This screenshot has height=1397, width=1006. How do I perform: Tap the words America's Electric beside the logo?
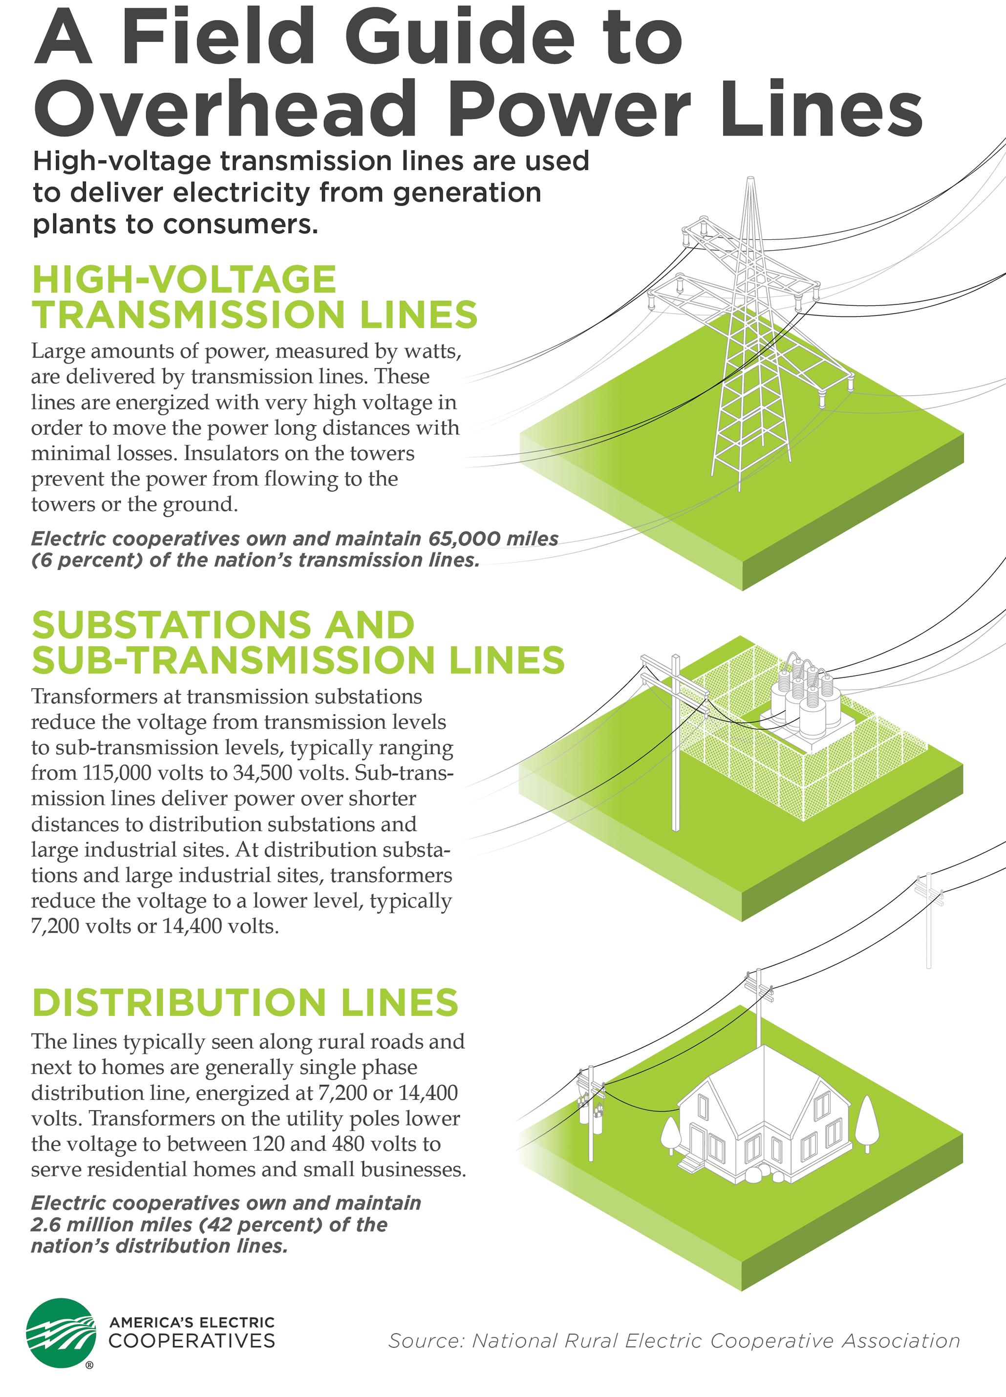192,1322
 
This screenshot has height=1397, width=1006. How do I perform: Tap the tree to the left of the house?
670,1133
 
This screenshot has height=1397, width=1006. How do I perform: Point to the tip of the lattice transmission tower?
749,180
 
